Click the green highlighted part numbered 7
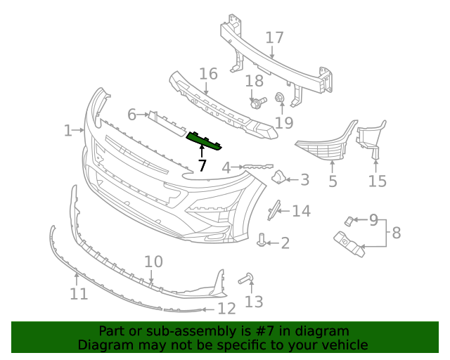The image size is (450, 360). (204, 141)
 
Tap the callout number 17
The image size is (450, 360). (274, 37)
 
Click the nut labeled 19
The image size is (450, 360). (279, 98)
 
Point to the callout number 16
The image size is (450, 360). (208, 74)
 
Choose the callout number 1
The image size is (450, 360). (67, 130)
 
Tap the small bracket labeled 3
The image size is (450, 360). (278, 178)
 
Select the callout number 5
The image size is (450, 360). (333, 181)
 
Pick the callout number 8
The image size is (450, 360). (397, 233)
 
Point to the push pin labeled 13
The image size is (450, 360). (247, 279)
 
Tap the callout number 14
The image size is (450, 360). (301, 210)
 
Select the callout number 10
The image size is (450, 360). (153, 262)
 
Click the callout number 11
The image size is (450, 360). (79, 292)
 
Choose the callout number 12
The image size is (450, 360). (226, 308)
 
